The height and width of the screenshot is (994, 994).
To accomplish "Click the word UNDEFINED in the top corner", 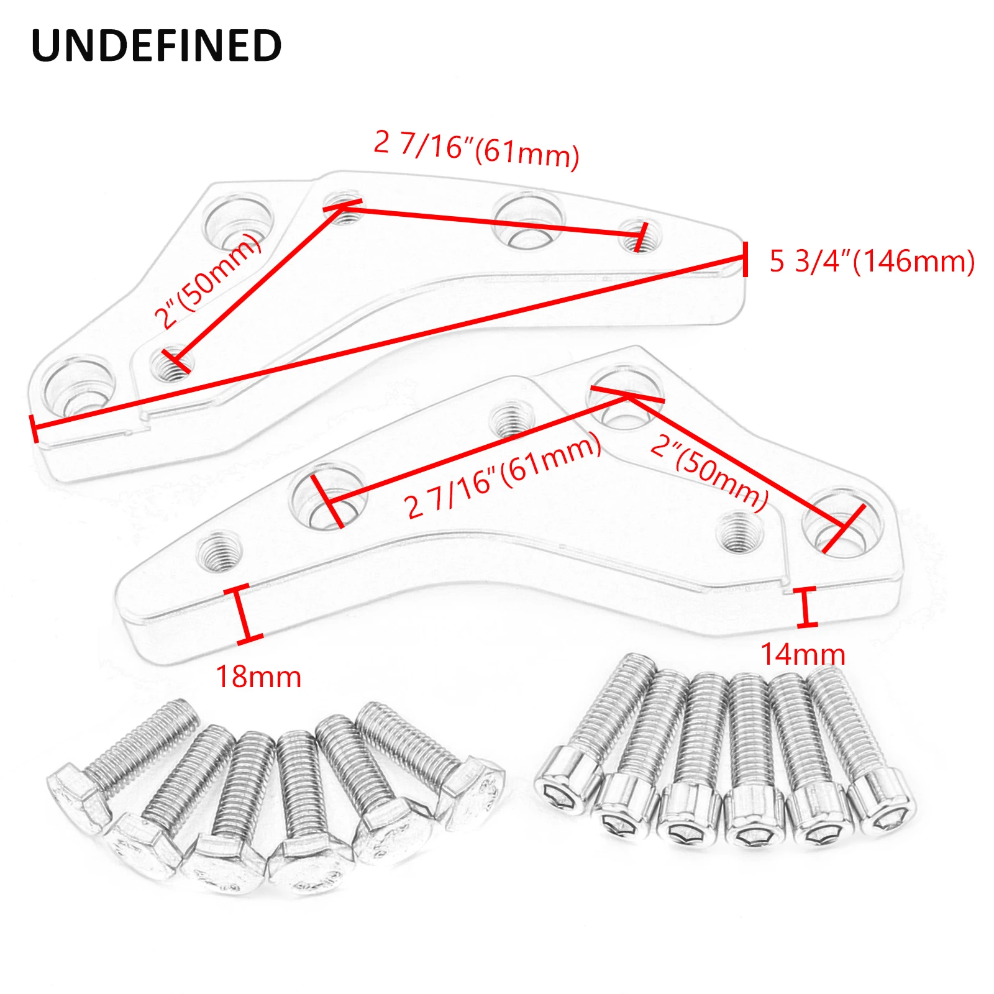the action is (x=157, y=45).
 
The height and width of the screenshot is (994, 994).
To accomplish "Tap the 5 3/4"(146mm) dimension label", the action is (x=872, y=261).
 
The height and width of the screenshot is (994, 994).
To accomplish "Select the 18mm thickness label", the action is (x=258, y=677).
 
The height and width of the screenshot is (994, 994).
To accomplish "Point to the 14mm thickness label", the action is (x=803, y=654).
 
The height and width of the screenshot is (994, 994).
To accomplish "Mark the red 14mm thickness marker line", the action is (x=806, y=606).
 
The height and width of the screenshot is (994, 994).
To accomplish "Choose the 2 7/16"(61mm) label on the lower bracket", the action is (x=503, y=475).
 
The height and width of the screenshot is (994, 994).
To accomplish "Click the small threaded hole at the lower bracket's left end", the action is (x=219, y=552).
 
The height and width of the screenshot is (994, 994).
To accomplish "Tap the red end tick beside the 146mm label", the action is (x=745, y=257).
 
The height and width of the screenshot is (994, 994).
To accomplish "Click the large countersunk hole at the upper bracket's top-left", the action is (x=239, y=219).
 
